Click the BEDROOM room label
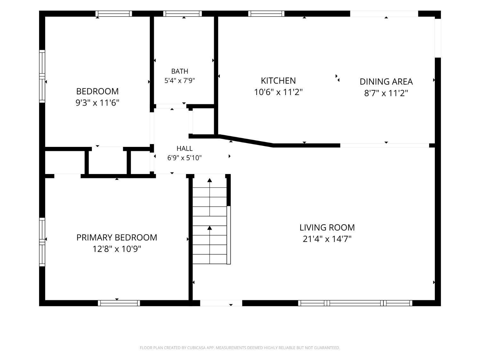point(97,91)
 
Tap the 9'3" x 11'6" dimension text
point(97,102)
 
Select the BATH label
point(180,71)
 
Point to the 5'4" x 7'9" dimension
point(180,81)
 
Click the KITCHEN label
point(278,81)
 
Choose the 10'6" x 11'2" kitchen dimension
point(278,92)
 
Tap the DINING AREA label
point(386,82)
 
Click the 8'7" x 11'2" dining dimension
point(386,93)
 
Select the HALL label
point(185,148)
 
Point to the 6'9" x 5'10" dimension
point(185,157)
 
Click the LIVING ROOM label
point(327,228)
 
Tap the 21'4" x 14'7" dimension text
point(327,239)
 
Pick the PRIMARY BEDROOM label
point(117,237)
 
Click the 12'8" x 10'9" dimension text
point(117,249)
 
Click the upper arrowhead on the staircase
point(210,180)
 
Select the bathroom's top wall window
point(183,13)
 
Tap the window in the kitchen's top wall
point(266,13)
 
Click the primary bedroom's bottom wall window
point(119,303)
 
